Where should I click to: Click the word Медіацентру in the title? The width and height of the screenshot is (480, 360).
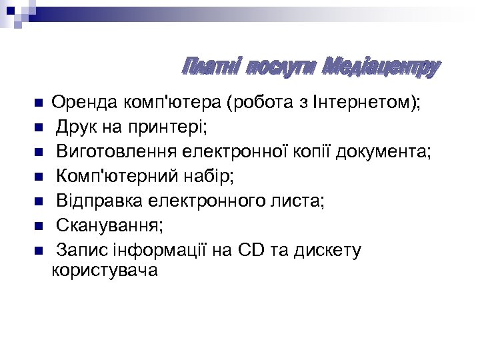(x=381, y=67)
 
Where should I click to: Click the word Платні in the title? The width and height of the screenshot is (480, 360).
(x=212, y=67)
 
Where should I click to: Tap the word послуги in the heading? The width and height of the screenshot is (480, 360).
(x=281, y=67)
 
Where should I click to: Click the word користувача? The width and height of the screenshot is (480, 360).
(x=105, y=271)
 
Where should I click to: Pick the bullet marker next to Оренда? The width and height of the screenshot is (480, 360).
(x=39, y=103)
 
